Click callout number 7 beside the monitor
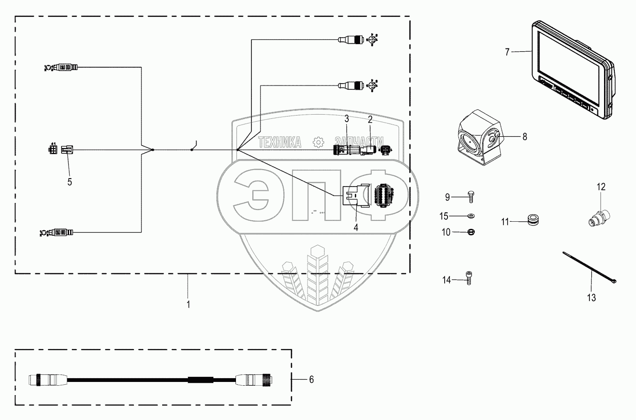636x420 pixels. [507, 52]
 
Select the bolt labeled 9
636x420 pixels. [471, 196]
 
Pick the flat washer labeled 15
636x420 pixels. [471, 216]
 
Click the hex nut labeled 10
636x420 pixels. [471, 232]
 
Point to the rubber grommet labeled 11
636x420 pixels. [532, 220]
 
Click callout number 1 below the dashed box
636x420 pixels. [188, 304]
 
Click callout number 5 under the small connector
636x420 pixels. [70, 182]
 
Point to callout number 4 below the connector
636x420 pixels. [356, 227]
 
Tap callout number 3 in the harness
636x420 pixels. [347, 119]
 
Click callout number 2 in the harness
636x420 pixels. [370, 119]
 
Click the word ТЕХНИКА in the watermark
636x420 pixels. [280, 141]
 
